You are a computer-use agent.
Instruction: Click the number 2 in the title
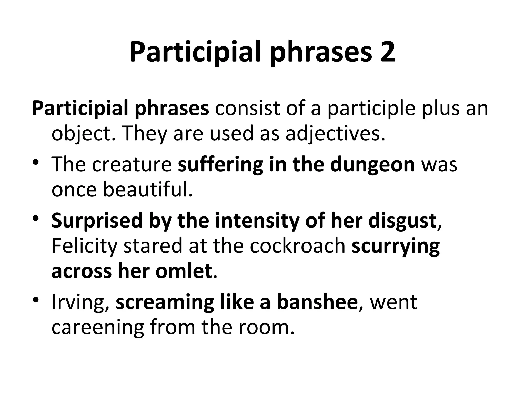pyautogui.click(x=387, y=53)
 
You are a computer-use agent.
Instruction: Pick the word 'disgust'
pyautogui.click(x=402, y=220)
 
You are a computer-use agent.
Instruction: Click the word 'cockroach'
pyautogui.click(x=298, y=245)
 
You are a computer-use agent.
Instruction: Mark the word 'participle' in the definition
pyautogui.click(x=371, y=109)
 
